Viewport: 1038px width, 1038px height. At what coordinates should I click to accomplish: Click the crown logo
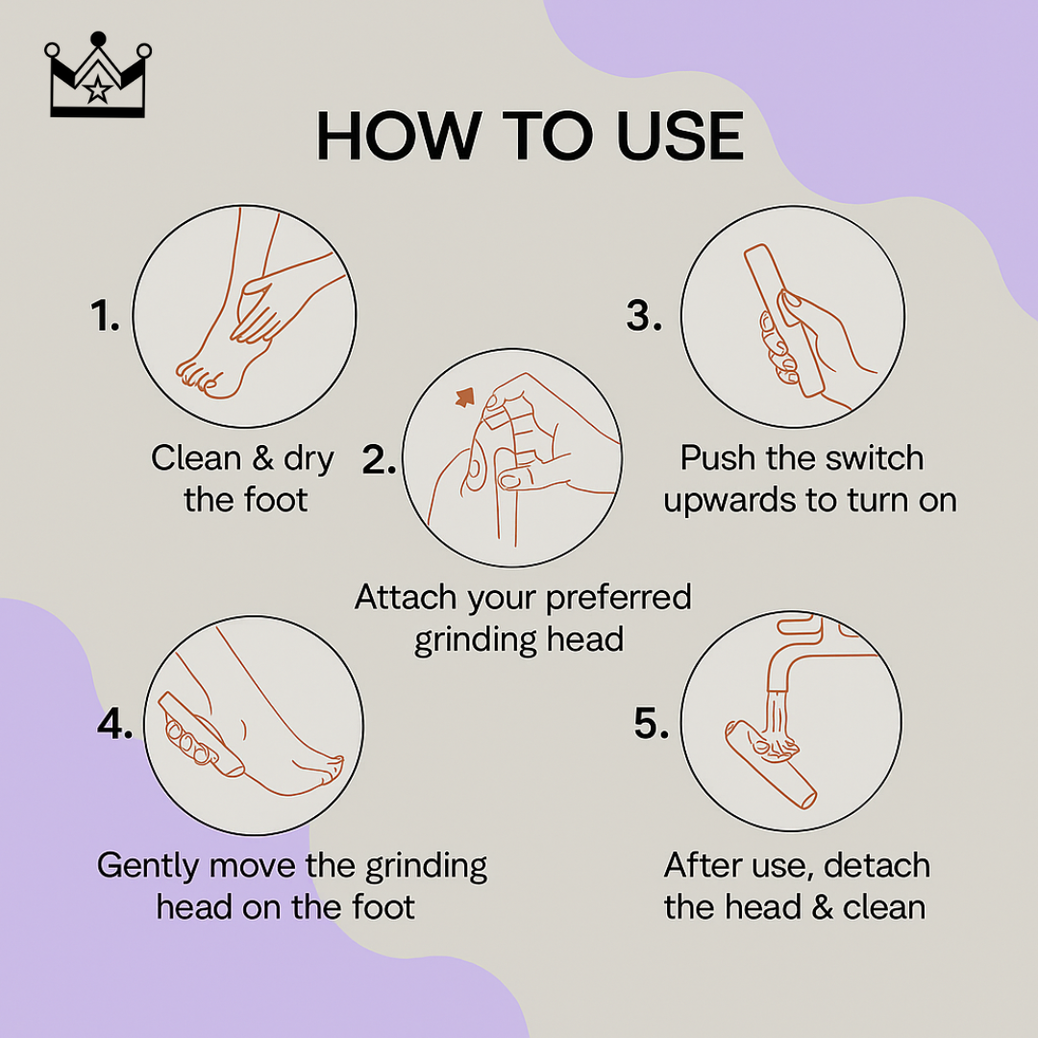96,79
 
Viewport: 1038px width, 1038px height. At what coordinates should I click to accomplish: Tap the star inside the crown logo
96,91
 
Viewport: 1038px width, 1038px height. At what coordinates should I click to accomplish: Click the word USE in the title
680,137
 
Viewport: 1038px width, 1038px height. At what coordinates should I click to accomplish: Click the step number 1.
105,316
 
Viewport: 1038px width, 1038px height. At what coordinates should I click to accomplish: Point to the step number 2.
379,460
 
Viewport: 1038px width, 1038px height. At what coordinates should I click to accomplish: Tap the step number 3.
644,316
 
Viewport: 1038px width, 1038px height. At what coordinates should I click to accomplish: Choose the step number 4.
114,725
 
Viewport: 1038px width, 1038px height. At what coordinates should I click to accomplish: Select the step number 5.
652,725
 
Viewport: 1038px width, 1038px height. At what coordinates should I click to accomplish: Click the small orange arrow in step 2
466,396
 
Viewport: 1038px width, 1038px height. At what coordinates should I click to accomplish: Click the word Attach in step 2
407,598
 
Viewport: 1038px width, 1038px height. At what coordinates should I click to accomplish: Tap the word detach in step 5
876,866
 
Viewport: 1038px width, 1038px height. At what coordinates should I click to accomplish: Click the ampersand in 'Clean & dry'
262,458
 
